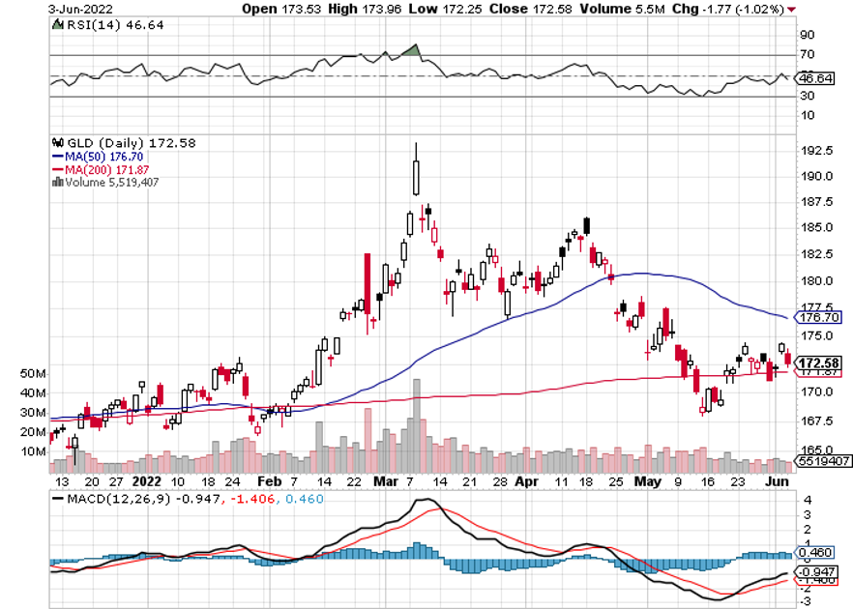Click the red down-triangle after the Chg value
pyautogui.click(x=792, y=9)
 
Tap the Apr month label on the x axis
pyautogui.click(x=526, y=480)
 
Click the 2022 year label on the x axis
pyautogui.click(x=146, y=480)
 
